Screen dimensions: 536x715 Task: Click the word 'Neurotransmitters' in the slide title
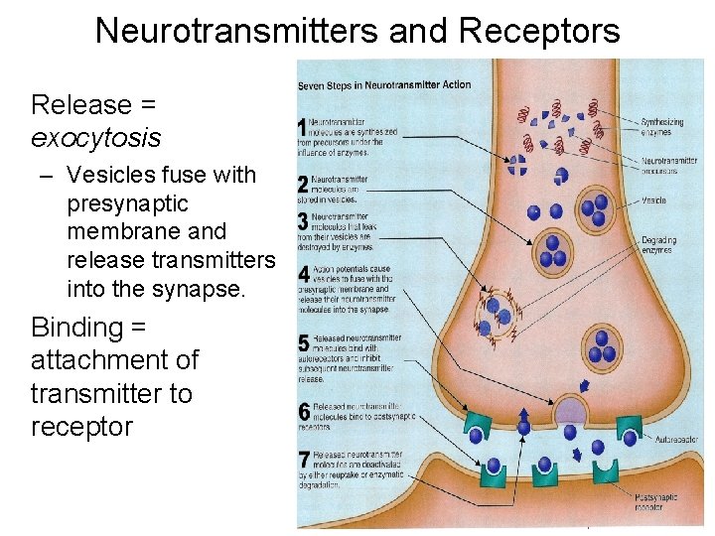(x=236, y=31)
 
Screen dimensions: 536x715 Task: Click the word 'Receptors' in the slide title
(x=539, y=31)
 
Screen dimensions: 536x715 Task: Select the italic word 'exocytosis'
(x=95, y=137)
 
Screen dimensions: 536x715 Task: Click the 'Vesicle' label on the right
(x=653, y=201)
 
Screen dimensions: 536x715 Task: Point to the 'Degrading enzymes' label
(x=658, y=244)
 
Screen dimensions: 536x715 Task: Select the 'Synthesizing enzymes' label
(x=662, y=127)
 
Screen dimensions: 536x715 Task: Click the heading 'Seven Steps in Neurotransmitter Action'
(x=384, y=85)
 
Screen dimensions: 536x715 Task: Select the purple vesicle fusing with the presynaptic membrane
(x=570, y=409)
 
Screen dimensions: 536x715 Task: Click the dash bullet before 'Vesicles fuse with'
(x=48, y=176)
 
